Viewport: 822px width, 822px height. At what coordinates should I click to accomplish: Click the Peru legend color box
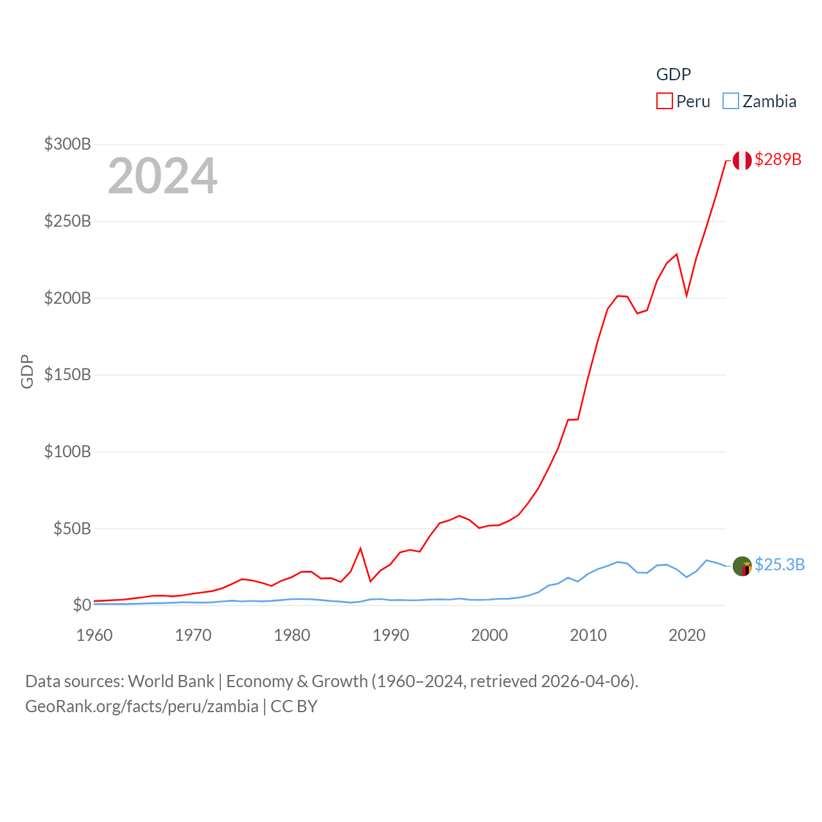pos(664,101)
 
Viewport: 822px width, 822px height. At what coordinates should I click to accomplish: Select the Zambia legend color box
pos(731,101)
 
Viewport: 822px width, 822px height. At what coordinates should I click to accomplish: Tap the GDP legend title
pos(673,74)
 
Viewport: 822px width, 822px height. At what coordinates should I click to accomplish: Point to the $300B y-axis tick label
pos(67,144)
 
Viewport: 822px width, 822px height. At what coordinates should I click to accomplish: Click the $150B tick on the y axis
pos(67,374)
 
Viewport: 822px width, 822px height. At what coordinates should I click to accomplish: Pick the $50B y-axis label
pos(72,529)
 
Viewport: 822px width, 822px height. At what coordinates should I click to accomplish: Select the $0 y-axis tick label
pos(82,605)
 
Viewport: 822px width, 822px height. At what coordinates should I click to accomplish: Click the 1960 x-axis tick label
pos(94,635)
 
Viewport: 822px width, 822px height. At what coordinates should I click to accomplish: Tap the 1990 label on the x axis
pos(390,635)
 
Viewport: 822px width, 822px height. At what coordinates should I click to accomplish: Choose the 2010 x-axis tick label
pos(588,635)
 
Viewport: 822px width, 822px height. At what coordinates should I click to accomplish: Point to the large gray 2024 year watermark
pos(162,176)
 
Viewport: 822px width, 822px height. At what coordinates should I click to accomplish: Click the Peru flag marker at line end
pos(742,161)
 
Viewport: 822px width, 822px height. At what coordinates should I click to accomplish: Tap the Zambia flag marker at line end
pos(742,566)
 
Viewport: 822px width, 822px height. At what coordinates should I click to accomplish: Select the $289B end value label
pos(778,159)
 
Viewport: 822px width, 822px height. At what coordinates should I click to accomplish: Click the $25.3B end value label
pos(779,564)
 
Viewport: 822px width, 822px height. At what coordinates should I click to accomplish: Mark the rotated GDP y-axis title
pos(27,371)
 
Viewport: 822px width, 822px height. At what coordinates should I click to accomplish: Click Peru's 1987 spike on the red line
pos(361,548)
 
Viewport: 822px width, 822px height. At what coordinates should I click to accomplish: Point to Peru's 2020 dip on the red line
pos(686,295)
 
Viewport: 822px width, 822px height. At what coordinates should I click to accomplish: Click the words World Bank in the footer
pos(171,681)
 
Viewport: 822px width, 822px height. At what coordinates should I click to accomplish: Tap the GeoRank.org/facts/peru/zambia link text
pos(142,706)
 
